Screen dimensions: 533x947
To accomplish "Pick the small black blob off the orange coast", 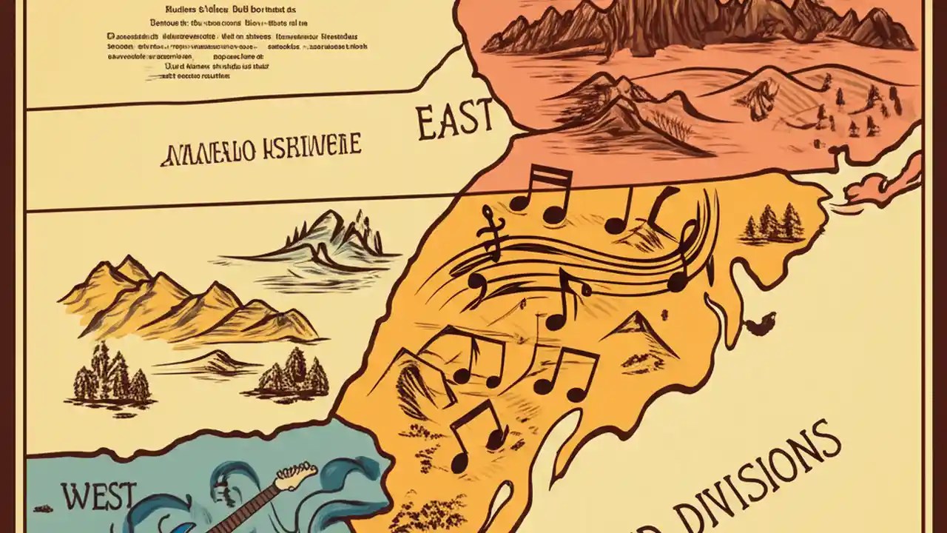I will click(x=761, y=324).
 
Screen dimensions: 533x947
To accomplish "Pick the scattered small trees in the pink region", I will click(x=851, y=111).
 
